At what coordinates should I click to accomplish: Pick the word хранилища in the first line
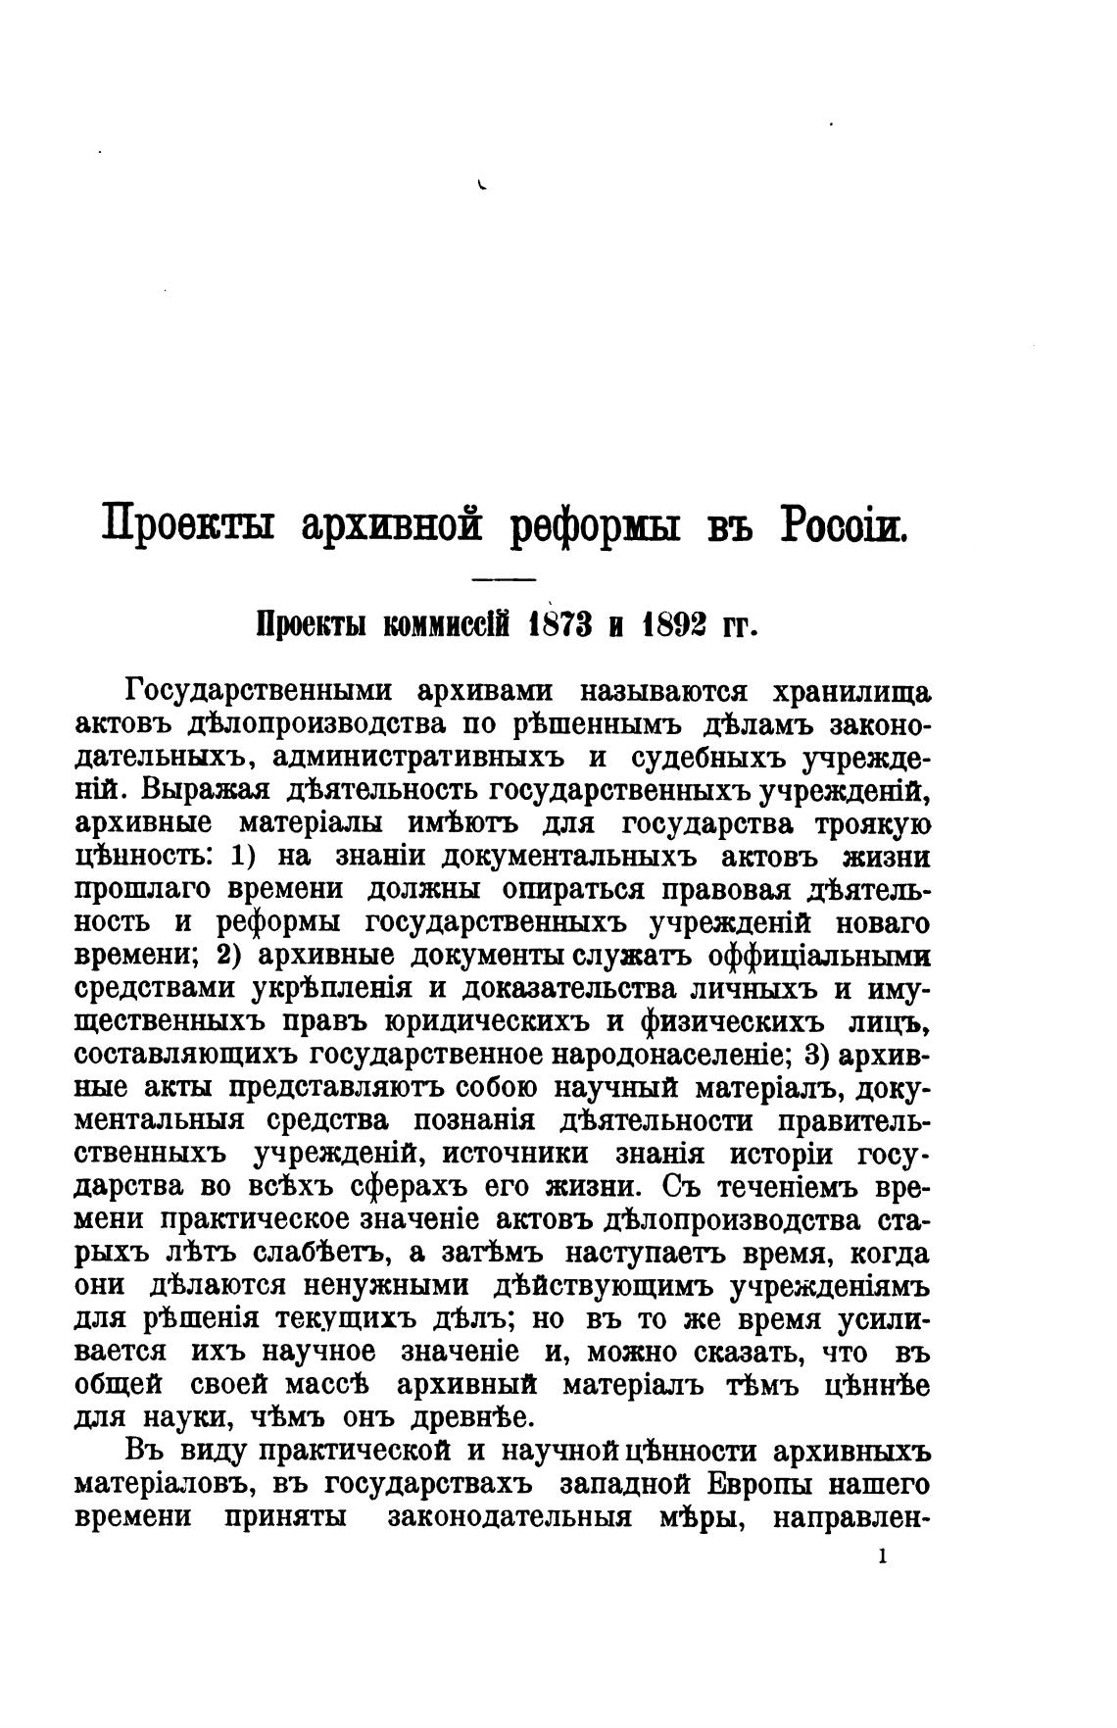[851, 691]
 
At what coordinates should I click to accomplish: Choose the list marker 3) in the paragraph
[815, 1055]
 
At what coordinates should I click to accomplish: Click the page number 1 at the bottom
[883, 1555]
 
